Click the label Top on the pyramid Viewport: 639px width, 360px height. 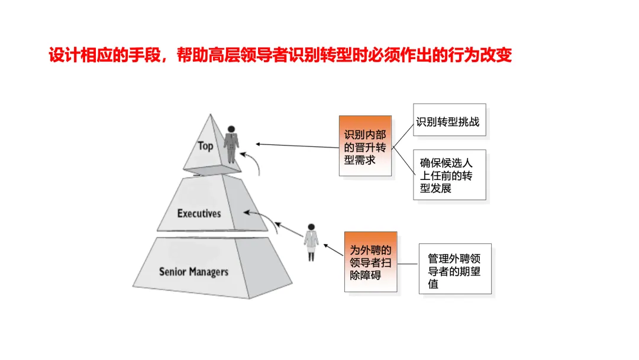pos(205,146)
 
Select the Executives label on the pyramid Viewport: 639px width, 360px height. pos(199,213)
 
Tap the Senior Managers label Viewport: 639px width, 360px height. pos(193,272)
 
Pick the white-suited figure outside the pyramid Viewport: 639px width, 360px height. pos(311,242)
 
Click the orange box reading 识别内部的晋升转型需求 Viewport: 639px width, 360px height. pos(365,146)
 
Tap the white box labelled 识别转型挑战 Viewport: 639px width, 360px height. pos(447,123)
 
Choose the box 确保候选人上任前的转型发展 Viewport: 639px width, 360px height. pos(449,175)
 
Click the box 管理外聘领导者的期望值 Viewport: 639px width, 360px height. pos(454,269)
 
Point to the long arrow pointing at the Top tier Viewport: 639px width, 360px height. pos(296,146)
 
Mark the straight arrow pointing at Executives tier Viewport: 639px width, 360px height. pos(260,217)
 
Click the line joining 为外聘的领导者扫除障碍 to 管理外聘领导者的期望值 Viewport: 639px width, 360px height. pos(408,265)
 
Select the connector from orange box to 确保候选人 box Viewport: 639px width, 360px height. pos(403,160)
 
